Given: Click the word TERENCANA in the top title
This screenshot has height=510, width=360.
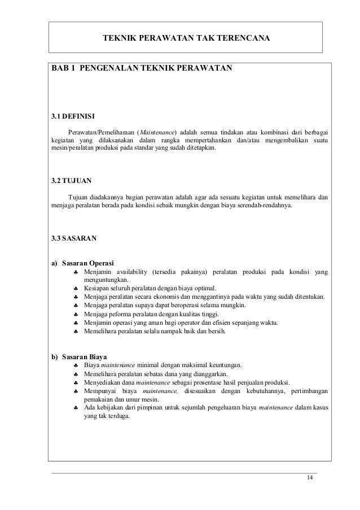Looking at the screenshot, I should [241, 38].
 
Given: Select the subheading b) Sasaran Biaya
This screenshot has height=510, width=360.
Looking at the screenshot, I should [80, 356].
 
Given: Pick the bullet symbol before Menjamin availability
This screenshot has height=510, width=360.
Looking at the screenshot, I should [76, 273].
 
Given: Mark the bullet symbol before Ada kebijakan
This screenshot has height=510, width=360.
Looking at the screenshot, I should [76, 408].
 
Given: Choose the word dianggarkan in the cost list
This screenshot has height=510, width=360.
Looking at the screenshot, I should [207, 374].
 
